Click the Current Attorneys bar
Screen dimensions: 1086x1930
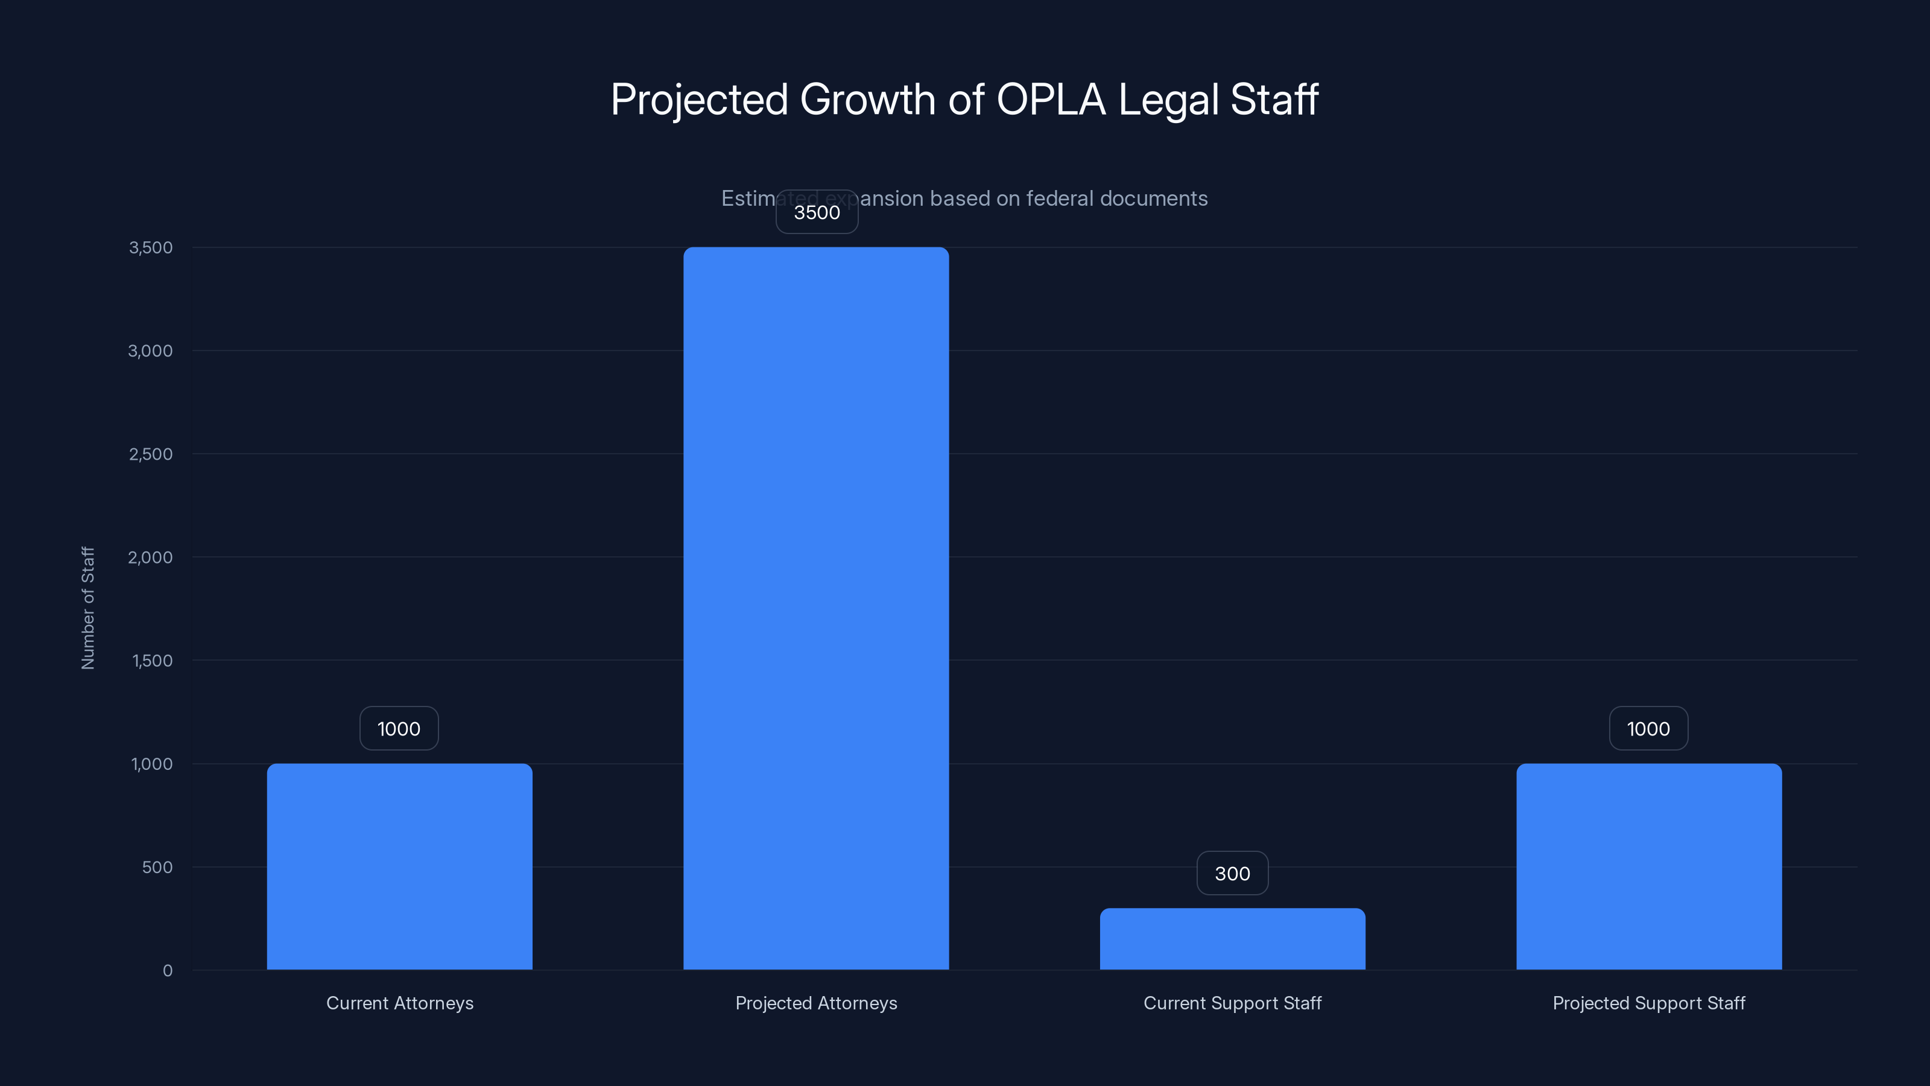[399, 866]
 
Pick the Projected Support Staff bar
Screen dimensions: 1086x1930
[1648, 866]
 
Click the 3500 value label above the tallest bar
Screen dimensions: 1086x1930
[817, 212]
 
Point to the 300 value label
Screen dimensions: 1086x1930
[1232, 873]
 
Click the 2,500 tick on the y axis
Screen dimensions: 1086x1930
[151, 454]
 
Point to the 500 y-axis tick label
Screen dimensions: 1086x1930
[157, 867]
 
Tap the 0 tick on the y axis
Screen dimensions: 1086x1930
[167, 971]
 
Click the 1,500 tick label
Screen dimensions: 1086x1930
[152, 660]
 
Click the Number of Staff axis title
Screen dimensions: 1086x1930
[87, 608]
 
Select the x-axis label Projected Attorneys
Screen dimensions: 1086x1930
[816, 1003]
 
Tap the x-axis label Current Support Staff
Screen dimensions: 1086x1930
[1232, 1003]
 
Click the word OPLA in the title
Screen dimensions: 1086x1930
[1051, 100]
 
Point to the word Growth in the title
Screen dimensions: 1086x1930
[868, 100]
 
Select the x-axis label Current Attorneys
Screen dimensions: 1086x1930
[399, 1003]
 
